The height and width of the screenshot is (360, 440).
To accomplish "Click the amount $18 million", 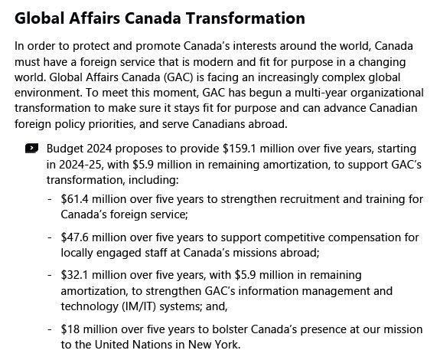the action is (x=86, y=329).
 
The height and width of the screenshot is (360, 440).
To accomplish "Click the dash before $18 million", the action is (x=50, y=329).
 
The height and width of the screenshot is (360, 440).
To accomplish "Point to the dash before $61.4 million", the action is (x=50, y=199).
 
